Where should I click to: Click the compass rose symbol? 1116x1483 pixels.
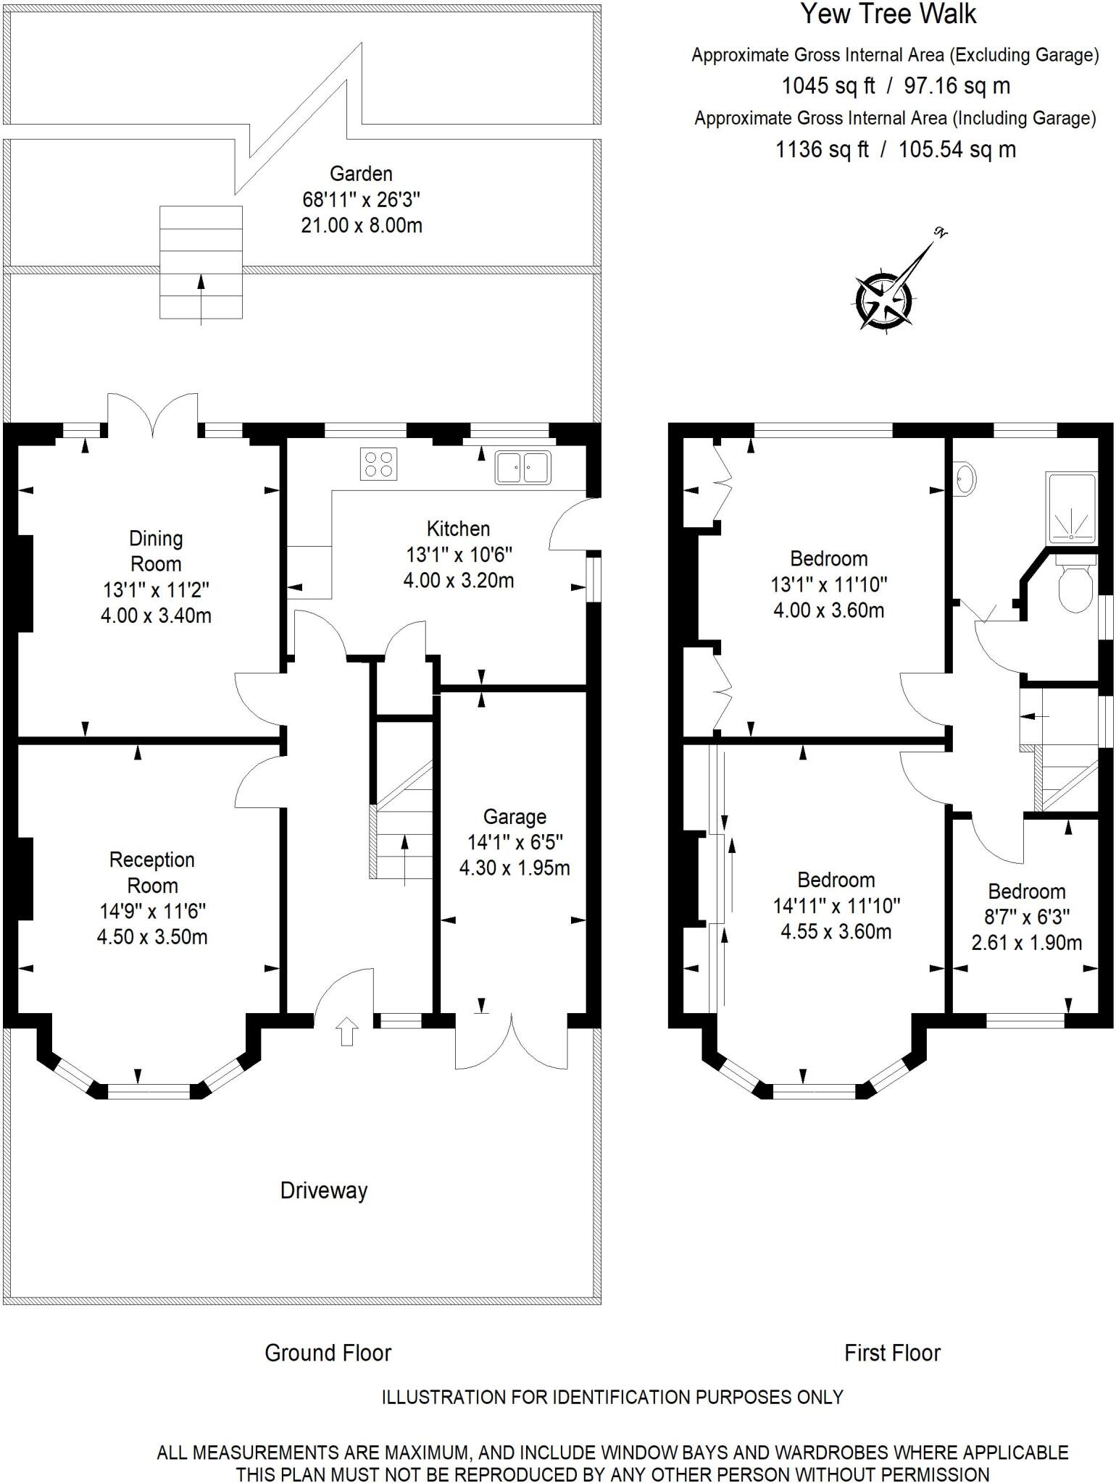[885, 300]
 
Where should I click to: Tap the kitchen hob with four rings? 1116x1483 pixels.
[378, 464]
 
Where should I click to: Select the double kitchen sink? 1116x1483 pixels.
[522, 467]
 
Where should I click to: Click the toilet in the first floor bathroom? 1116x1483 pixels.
[1075, 587]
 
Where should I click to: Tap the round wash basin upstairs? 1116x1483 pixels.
[966, 479]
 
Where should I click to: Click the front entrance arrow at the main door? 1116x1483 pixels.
[347, 1032]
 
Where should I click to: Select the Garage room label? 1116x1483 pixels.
[515, 817]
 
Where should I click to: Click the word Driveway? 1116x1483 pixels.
[324, 1190]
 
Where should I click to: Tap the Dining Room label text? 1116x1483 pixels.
[155, 551]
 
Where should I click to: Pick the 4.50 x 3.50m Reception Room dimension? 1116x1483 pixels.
[152, 937]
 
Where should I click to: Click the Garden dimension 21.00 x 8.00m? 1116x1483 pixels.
[361, 225]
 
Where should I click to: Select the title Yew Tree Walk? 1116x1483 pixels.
[888, 14]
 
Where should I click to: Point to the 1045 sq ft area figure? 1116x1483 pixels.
[828, 86]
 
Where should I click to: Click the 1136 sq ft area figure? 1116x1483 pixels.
[822, 150]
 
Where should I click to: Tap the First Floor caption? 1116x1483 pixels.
[892, 1353]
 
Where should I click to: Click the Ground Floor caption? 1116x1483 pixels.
[328, 1353]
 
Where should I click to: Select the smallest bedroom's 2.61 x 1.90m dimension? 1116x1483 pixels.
[1026, 943]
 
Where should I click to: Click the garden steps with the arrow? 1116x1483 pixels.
[201, 263]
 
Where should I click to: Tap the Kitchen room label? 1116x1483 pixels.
[458, 529]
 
